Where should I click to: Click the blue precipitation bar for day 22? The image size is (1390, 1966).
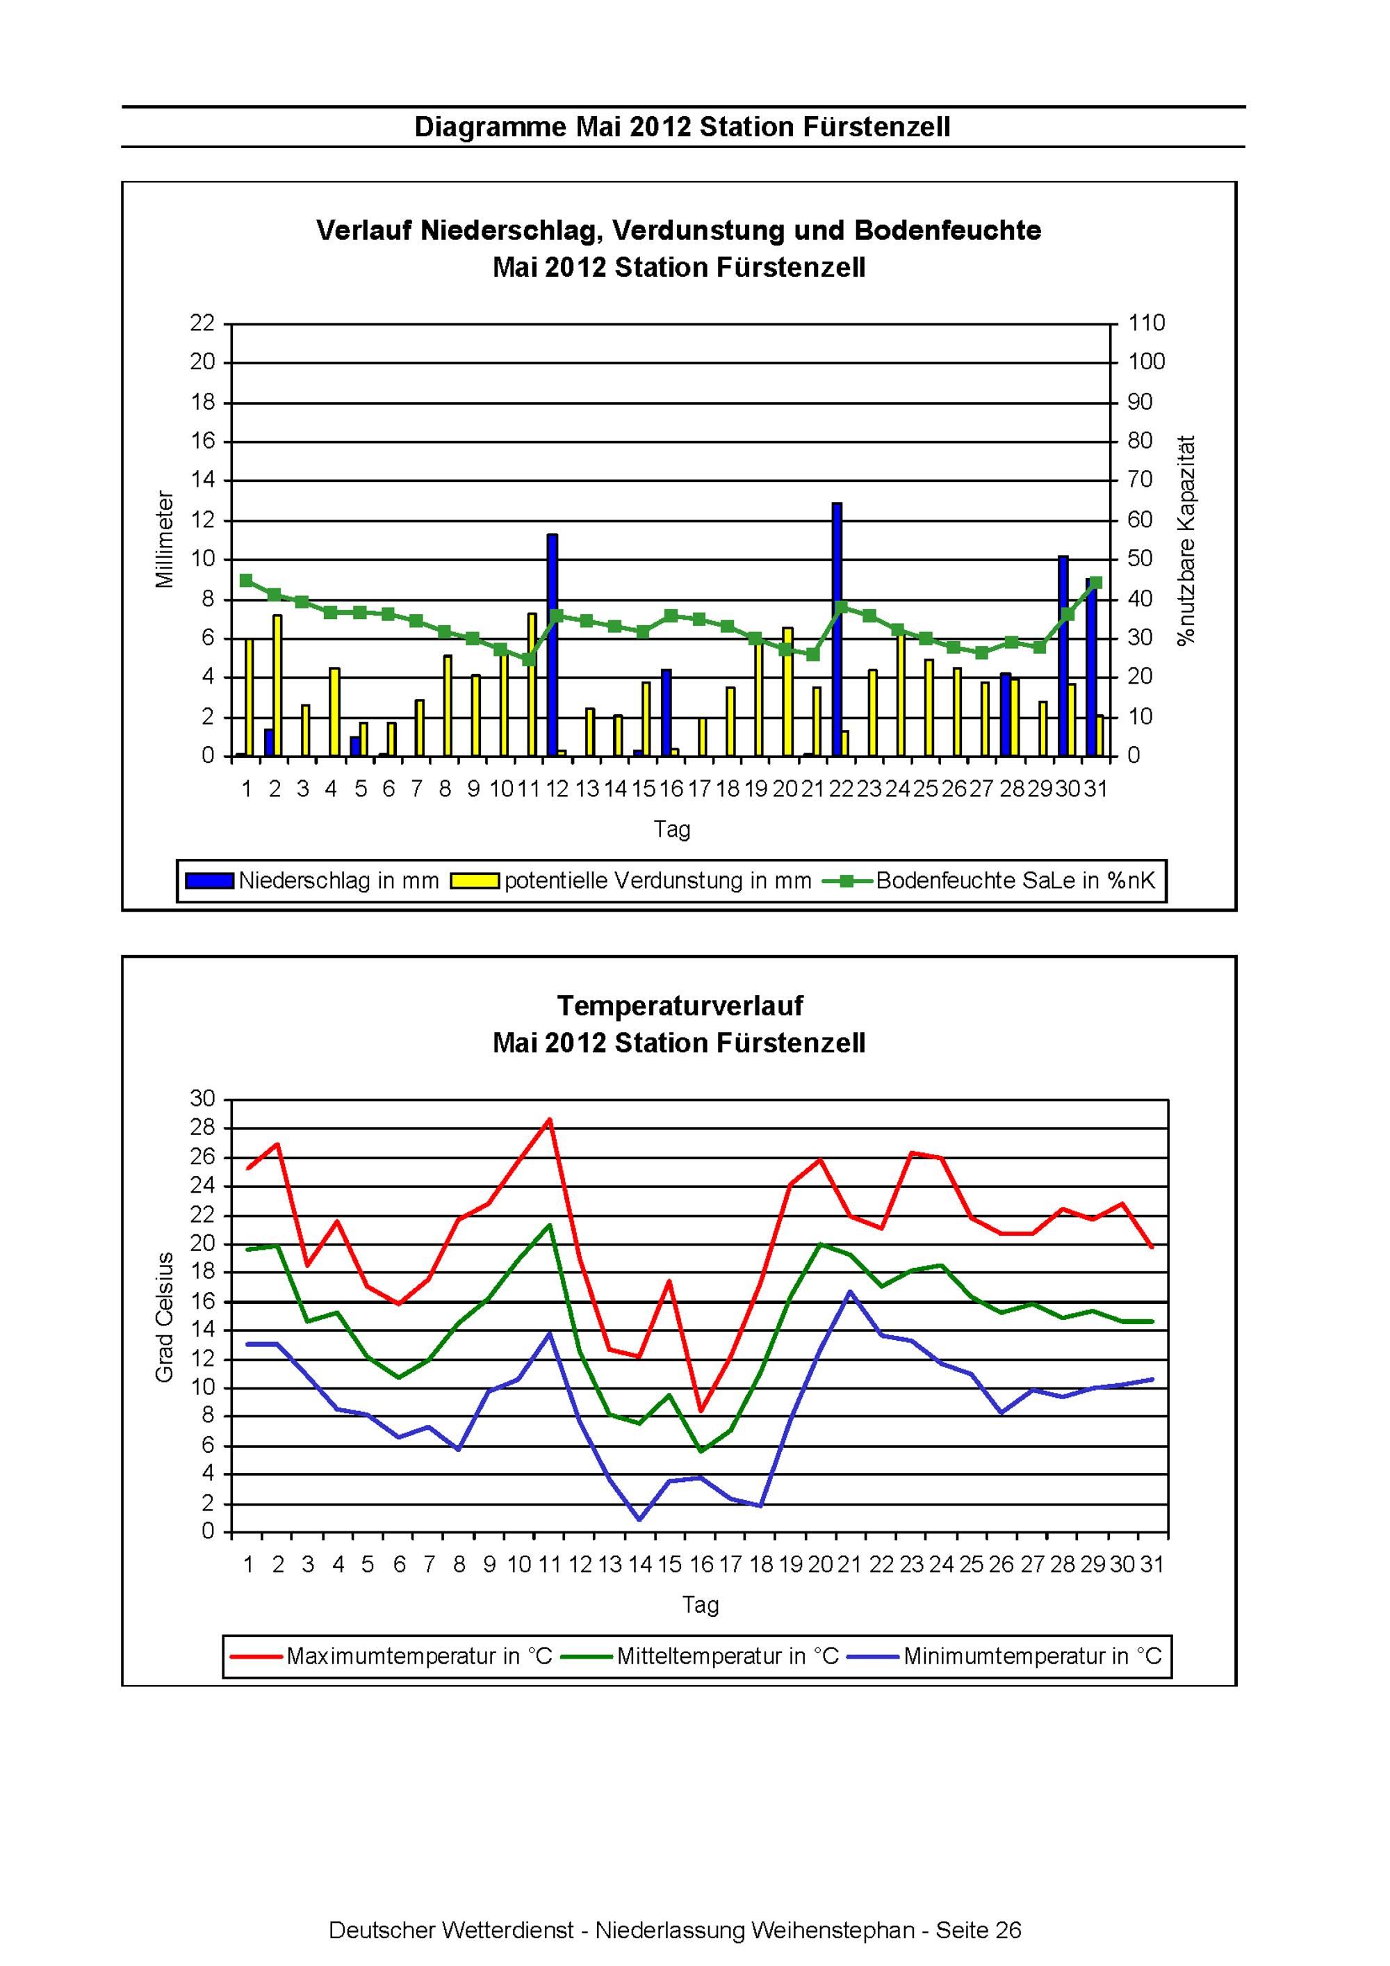(x=836, y=629)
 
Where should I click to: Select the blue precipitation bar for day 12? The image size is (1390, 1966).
(x=552, y=645)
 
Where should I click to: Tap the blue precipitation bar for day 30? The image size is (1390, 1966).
(x=1063, y=656)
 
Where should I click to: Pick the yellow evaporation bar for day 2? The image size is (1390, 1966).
(x=277, y=685)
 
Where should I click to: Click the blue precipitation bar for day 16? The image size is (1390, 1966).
(x=666, y=712)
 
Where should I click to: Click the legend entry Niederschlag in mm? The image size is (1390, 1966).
(x=311, y=880)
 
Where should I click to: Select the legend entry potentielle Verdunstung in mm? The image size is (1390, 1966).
(x=631, y=880)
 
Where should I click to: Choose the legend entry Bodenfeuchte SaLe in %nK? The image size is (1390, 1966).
(x=990, y=880)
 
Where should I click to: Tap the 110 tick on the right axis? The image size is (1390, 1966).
(x=1147, y=323)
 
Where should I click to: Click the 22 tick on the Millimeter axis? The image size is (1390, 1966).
(x=203, y=323)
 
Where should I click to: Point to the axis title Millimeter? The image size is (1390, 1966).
(x=164, y=540)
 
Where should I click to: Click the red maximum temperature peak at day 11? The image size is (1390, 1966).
(x=548, y=1118)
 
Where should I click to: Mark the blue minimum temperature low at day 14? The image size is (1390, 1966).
(x=639, y=1519)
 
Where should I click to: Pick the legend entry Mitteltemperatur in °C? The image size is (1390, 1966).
(x=700, y=1656)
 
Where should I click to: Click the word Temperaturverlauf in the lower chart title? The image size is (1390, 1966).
(x=680, y=1006)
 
